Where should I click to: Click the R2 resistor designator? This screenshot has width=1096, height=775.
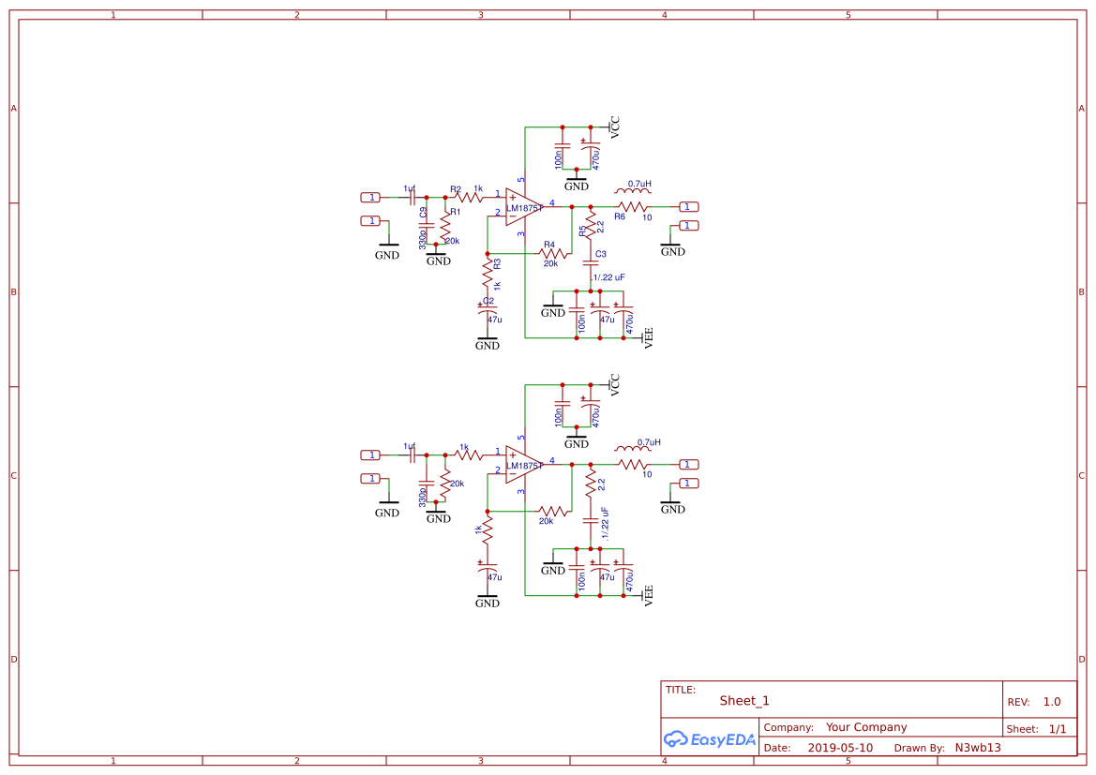click(x=456, y=188)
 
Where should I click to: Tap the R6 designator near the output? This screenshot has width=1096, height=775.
click(x=620, y=216)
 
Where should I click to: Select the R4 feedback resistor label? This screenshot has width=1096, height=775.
click(x=549, y=245)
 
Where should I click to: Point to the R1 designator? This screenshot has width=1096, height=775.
click(x=456, y=212)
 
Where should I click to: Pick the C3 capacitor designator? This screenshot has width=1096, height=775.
click(x=601, y=254)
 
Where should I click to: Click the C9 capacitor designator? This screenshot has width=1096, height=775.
click(x=423, y=213)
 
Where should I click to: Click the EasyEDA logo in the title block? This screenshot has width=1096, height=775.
click(x=710, y=738)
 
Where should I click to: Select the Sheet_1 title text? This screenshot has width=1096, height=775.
click(x=744, y=701)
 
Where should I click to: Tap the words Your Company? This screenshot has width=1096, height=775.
click(x=866, y=727)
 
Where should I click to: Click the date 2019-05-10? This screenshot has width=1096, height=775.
click(x=840, y=748)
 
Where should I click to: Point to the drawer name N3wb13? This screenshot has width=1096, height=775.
click(x=978, y=748)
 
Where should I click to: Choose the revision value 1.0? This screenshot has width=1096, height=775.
click(x=1052, y=702)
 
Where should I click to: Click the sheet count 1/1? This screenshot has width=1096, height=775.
click(x=1058, y=728)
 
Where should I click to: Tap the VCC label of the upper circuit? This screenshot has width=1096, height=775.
click(x=615, y=127)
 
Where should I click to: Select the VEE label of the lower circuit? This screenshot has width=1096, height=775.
click(x=647, y=593)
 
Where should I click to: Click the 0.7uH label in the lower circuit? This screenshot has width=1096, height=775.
click(x=649, y=442)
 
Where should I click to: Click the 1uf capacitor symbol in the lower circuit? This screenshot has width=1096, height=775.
click(x=413, y=455)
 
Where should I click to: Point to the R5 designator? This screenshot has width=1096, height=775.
click(x=581, y=230)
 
